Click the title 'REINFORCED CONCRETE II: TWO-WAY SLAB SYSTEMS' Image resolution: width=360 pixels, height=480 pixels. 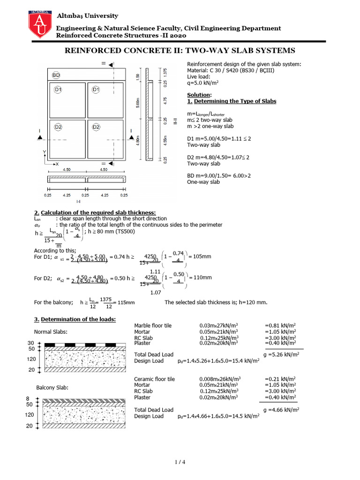point(180,51)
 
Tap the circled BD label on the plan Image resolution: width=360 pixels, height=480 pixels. point(56,75)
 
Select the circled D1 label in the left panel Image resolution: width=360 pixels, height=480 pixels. point(59,90)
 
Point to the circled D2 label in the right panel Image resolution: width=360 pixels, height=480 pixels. point(96,127)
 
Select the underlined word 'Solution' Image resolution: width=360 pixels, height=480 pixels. point(198,95)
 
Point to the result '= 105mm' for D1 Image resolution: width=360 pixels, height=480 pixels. point(200,256)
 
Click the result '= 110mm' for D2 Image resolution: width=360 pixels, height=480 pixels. point(200,278)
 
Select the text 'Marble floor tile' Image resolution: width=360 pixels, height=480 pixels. point(153,325)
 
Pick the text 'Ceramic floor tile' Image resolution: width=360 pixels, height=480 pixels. point(154,379)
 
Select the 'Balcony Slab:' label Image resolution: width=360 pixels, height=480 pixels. point(52,388)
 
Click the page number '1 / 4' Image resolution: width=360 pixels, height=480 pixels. point(180,463)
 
